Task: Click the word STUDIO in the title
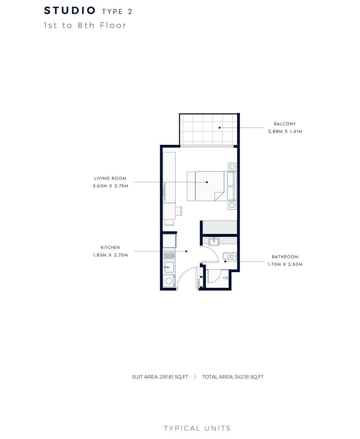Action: point(70,11)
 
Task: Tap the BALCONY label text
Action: point(285,124)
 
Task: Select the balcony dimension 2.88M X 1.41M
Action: point(285,131)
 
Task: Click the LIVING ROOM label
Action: point(110,179)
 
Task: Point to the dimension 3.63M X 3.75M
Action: point(110,186)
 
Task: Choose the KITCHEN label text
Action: point(110,248)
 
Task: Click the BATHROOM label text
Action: point(285,257)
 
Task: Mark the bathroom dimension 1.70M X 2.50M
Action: point(285,264)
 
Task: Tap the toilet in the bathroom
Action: point(230,256)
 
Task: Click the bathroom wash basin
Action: point(214,241)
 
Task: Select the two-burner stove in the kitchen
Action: point(169,255)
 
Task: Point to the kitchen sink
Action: point(169,267)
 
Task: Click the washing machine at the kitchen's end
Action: point(169,281)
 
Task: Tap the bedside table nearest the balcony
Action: point(232,167)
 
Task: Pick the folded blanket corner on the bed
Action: point(219,196)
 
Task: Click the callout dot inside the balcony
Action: point(220,128)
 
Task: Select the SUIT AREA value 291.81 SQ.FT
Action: point(174,377)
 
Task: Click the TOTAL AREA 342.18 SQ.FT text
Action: point(233,377)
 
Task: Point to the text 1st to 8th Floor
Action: point(85,25)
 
